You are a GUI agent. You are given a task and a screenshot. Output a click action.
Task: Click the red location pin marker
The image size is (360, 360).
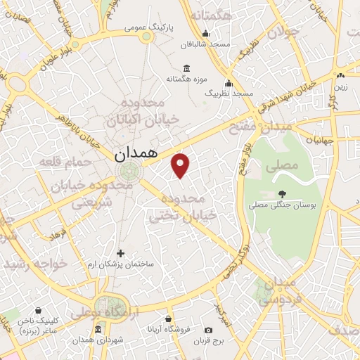(x=181, y=165)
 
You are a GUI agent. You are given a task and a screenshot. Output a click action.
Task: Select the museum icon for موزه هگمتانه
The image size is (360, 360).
(x=186, y=68)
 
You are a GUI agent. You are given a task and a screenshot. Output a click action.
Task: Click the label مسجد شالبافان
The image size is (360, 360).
(x=205, y=44)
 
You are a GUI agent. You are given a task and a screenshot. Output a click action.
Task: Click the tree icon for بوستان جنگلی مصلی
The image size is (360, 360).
(x=282, y=193)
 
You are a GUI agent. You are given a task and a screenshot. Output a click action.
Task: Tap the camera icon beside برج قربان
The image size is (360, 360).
(x=208, y=330)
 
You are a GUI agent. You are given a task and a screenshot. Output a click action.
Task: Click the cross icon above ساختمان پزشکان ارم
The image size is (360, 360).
(x=120, y=252)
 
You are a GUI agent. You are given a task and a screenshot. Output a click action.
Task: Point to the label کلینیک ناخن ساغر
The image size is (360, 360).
(x=30, y=326)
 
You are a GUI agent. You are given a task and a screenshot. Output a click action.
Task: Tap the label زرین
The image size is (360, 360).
(x=340, y=87)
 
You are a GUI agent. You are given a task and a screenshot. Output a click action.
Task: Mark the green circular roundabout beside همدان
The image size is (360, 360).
(x=129, y=171)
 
